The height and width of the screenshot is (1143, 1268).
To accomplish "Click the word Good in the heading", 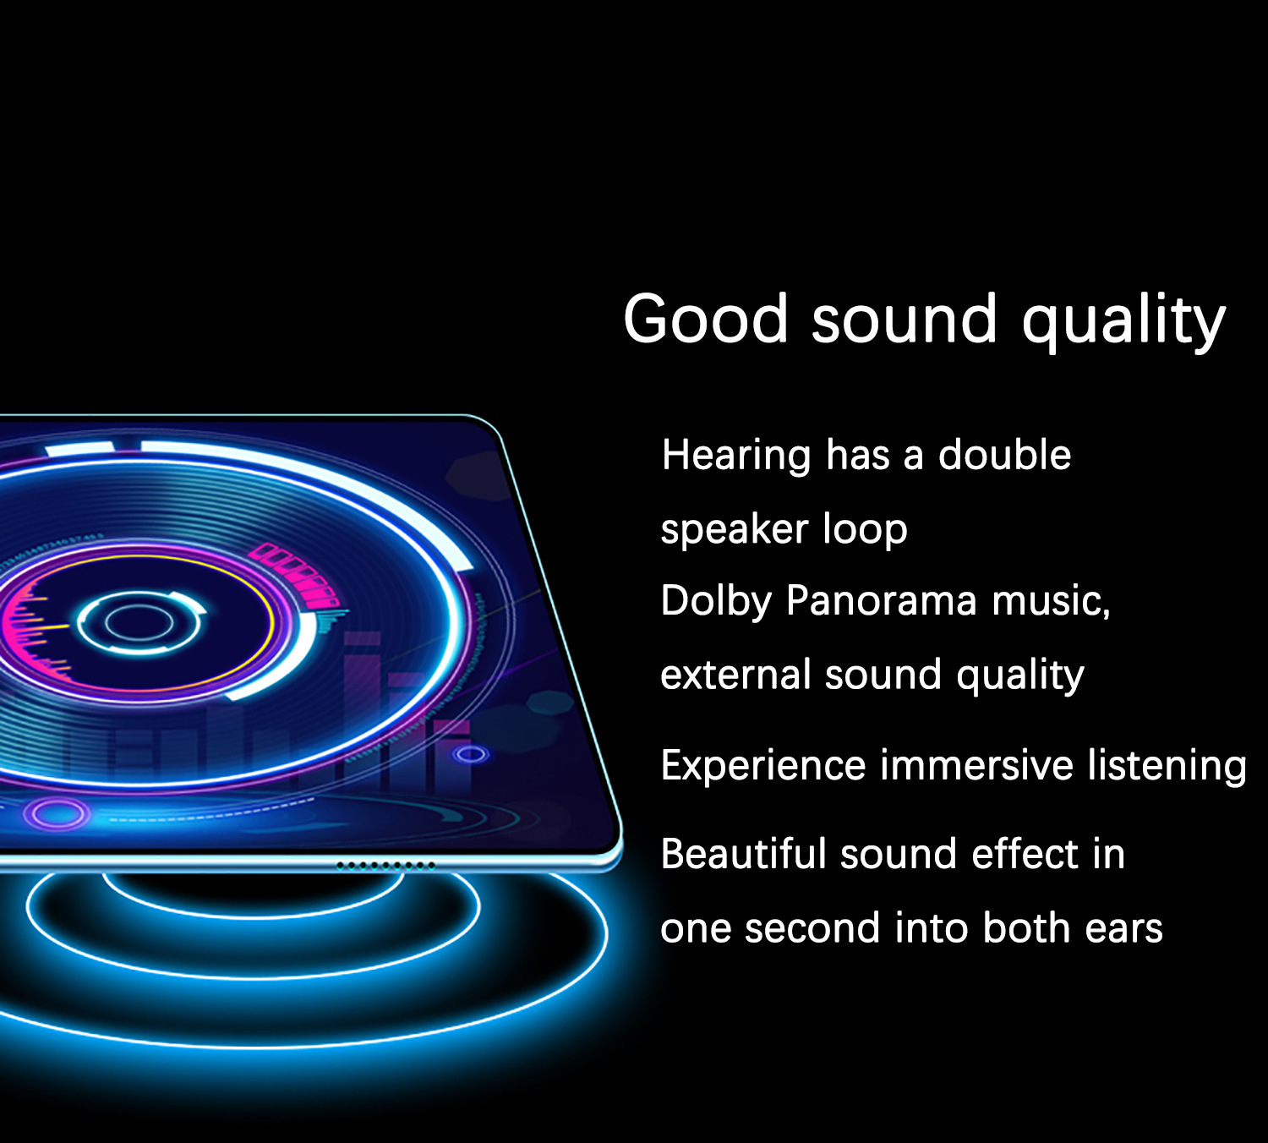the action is pos(706,319).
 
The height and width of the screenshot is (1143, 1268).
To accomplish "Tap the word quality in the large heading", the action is pos(1123,322).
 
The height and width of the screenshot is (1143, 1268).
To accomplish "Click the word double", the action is pos(1004,454).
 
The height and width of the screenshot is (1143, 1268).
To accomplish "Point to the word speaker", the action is pos(735,530).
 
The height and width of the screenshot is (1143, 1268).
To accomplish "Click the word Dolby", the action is pos(715,601).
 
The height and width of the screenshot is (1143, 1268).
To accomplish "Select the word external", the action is pos(735,675).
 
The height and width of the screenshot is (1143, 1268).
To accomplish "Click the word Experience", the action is pos(763,766).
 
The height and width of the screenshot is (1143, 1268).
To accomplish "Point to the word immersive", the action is pos(976,765).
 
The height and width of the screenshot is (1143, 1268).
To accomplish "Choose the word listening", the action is pos(1167,766).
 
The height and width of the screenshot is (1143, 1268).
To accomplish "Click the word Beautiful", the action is pos(743,854).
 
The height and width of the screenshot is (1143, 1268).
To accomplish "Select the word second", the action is pos(812,928).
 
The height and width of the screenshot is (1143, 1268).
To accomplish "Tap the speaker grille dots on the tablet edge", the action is pos(385,866).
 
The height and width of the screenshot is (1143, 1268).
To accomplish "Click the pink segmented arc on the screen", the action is pos(297,572).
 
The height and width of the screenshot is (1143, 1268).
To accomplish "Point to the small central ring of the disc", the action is pos(139,623).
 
